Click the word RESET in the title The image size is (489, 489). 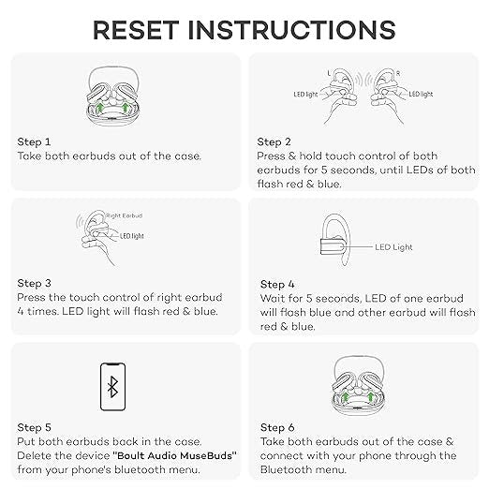point(136,30)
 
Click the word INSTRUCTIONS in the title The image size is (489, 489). point(292,30)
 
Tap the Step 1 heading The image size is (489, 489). point(34,141)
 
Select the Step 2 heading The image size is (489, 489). point(274,141)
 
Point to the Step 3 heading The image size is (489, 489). point(34,283)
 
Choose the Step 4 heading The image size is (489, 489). point(277,284)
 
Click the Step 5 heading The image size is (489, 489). point(34,427)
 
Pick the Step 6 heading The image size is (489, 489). point(277,427)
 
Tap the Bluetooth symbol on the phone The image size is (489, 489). point(112,387)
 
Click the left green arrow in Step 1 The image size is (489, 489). point(99,108)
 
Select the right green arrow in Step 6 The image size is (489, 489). point(370,396)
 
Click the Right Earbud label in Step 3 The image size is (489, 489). point(125,215)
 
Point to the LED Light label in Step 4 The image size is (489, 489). point(393,247)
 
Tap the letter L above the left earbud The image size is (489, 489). point(329,73)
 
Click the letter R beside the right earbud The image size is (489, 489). point(398,73)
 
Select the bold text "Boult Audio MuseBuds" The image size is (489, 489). point(174,455)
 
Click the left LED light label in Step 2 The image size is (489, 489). point(305,95)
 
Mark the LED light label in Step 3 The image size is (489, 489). point(132,236)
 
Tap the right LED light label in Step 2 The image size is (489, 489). point(421,94)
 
